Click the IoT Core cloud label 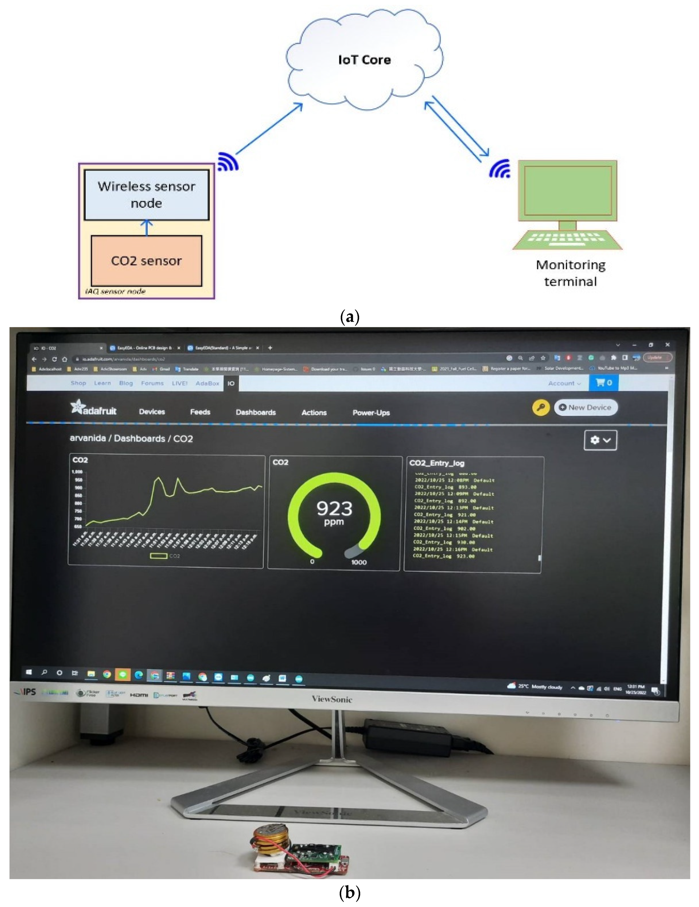(364, 60)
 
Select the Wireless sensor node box (146, 195)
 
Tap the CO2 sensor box (146, 261)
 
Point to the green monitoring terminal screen (568, 190)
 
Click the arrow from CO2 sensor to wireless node (146, 228)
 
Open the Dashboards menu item (255, 412)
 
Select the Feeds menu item (200, 412)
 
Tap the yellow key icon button (540, 408)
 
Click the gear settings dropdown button (600, 440)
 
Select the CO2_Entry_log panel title (436, 463)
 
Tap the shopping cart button (603, 383)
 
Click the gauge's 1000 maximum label (359, 562)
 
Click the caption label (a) (349, 317)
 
